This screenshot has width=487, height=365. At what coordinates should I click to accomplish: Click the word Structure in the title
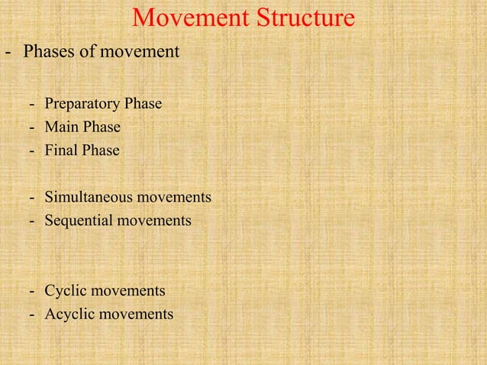pos(299,18)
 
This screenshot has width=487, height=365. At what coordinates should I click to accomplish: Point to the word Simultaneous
pos(90,198)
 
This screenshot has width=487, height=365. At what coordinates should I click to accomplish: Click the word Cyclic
pos(64,291)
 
